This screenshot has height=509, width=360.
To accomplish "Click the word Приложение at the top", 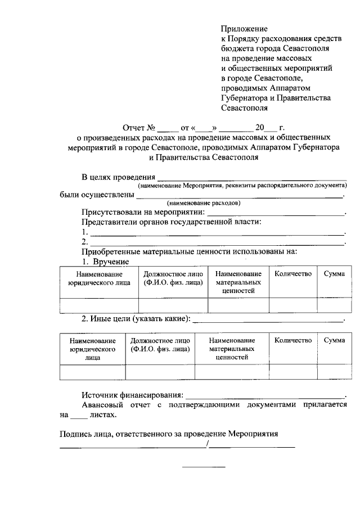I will [244, 28].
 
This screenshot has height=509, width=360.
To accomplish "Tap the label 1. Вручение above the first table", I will [106, 262].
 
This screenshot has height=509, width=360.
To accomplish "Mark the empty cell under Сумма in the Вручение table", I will [334, 305].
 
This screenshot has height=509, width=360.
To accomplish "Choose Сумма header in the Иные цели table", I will [334, 340].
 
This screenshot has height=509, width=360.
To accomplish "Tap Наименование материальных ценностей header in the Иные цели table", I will [232, 349].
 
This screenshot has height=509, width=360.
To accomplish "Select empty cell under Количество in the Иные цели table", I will [292, 372].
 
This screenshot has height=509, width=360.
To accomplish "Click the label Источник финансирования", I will [132, 395].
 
